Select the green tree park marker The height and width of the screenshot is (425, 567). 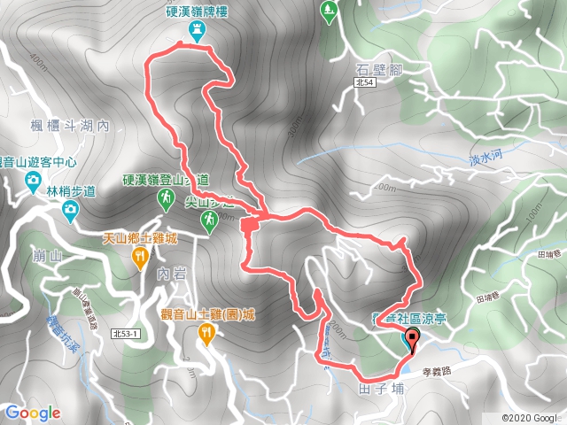click(x=329, y=11)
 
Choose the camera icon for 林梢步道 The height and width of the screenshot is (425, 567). click(x=70, y=209)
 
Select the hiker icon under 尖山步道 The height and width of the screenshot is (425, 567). click(x=209, y=220)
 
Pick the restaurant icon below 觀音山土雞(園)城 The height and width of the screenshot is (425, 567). click(x=206, y=333)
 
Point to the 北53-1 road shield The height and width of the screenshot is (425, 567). click(x=128, y=333)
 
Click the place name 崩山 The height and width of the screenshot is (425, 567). click(x=40, y=255)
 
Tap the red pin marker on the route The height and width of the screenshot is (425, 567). click(x=412, y=337)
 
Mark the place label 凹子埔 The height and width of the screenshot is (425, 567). click(x=382, y=388)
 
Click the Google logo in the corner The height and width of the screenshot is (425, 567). click(x=32, y=412)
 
